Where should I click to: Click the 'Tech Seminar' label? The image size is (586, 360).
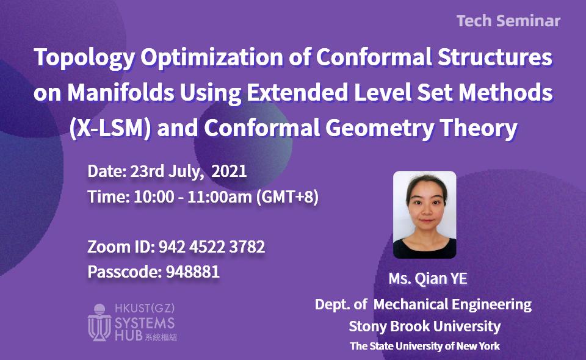[508, 21]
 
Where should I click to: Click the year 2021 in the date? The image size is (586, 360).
[229, 171]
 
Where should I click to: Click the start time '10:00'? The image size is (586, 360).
[148, 198]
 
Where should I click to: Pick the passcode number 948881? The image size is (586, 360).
[192, 272]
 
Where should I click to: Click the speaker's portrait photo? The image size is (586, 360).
[424, 214]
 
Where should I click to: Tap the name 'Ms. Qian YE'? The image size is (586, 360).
[427, 279]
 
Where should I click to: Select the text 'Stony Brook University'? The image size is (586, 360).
[424, 326]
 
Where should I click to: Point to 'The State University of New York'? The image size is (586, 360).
[424, 346]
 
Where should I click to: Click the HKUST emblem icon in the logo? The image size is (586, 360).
[99, 322]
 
